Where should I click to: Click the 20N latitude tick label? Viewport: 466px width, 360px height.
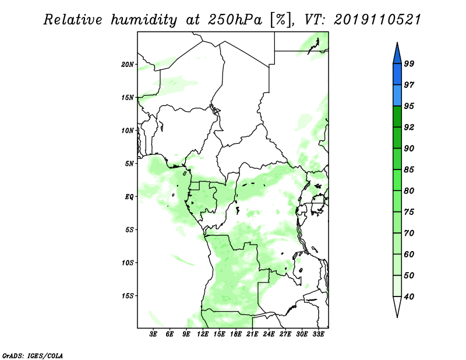(128, 65)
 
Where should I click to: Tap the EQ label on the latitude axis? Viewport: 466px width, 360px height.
(129, 197)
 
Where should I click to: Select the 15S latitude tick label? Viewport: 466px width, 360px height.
(128, 296)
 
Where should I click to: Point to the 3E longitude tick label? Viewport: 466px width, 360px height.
(153, 334)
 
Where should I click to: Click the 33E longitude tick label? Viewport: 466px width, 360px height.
(318, 334)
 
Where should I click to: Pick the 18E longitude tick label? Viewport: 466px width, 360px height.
(236, 334)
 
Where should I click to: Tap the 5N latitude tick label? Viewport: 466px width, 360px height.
(129, 164)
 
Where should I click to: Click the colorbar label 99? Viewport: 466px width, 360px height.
(409, 63)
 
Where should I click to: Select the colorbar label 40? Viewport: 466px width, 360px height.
(409, 297)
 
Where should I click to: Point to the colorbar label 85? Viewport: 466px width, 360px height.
(409, 170)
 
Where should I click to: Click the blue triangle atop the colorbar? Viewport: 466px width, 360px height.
(397, 53)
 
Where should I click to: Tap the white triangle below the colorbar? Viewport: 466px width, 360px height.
(397, 307)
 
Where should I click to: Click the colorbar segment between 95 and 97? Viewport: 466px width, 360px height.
(397, 96)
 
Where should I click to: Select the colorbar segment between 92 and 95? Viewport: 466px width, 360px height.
(397, 117)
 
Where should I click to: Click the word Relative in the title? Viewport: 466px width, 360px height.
(73, 20)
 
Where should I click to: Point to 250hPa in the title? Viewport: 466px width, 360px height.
(235, 20)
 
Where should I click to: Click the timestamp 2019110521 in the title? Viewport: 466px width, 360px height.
(377, 20)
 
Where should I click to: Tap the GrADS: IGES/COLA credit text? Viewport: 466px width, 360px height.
(33, 355)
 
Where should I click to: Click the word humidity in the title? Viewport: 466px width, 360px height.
(144, 20)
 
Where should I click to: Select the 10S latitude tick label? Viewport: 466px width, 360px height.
(128, 263)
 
